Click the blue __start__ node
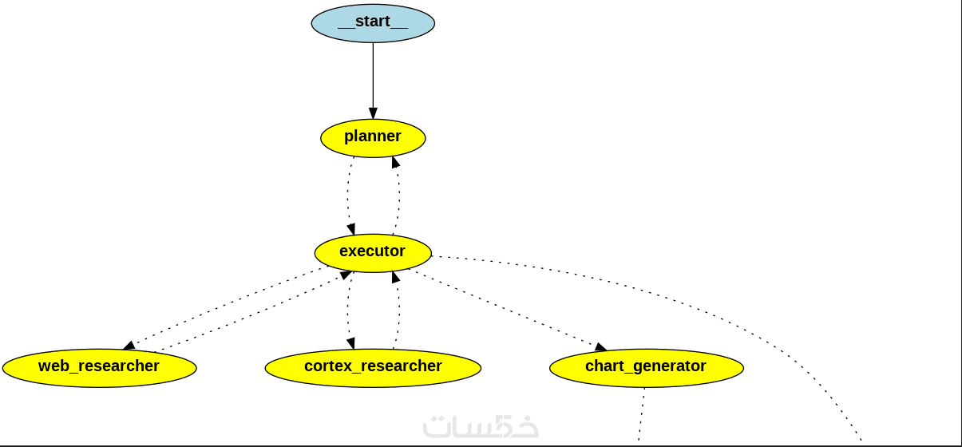coord(373,23)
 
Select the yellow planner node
coord(373,138)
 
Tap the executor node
coord(373,253)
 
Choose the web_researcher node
coord(99,368)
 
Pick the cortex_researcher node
coord(373,368)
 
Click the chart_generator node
coord(646,368)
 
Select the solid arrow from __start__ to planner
coord(373,76)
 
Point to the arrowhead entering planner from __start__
coord(373,113)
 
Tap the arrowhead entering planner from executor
coord(394,162)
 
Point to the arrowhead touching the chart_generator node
coord(600,347)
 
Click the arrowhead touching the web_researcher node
coord(129,346)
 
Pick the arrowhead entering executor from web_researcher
coord(346,275)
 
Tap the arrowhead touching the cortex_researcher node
coord(350,344)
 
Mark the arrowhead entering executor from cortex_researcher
coord(395,277)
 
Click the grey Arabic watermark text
coord(481,425)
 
